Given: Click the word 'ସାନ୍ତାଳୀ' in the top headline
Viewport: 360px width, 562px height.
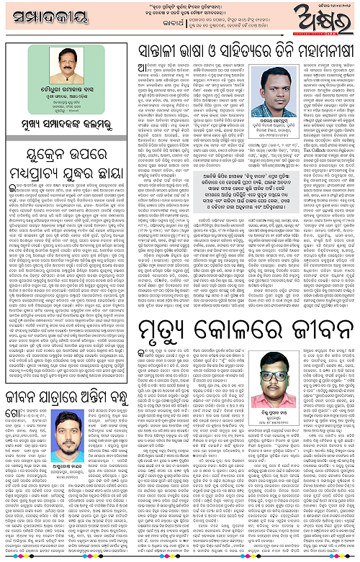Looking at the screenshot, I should click(x=162, y=52).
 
